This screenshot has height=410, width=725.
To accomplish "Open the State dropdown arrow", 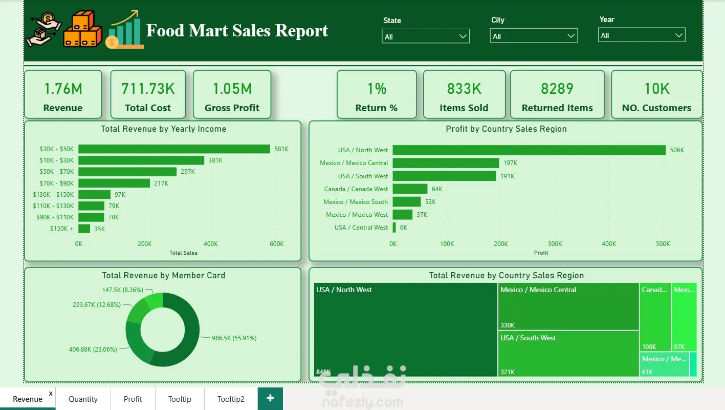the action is click(x=463, y=36).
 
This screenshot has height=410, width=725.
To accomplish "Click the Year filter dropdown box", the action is click(x=642, y=35).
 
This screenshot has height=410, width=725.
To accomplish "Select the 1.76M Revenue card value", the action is click(x=63, y=89).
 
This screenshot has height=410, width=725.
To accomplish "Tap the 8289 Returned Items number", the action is click(x=557, y=89).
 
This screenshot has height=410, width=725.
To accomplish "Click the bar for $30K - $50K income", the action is click(x=174, y=149).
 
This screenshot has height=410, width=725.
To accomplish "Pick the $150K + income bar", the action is click(x=84, y=229).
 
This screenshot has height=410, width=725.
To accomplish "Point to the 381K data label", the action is click(x=215, y=160).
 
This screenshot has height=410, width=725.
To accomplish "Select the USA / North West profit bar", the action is click(x=529, y=150).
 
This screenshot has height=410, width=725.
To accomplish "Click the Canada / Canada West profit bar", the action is click(x=410, y=189).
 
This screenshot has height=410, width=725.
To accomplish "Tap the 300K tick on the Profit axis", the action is click(x=555, y=244).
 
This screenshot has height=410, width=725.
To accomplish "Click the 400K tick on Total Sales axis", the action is click(x=210, y=244).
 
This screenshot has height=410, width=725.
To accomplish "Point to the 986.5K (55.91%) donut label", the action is click(x=234, y=338).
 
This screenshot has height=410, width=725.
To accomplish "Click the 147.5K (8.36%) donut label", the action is click(x=123, y=290).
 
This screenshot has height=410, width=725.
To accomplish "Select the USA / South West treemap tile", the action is click(x=568, y=354).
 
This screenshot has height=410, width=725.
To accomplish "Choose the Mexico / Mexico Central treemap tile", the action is click(x=568, y=306).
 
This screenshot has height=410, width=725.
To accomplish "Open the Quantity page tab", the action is click(x=83, y=399).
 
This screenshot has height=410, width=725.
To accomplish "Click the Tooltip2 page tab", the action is click(x=231, y=399).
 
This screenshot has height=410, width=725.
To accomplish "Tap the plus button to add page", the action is click(x=270, y=398).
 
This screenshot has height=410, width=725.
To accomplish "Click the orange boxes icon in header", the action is click(x=82, y=29).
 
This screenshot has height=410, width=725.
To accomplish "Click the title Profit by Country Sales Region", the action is click(x=506, y=129).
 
